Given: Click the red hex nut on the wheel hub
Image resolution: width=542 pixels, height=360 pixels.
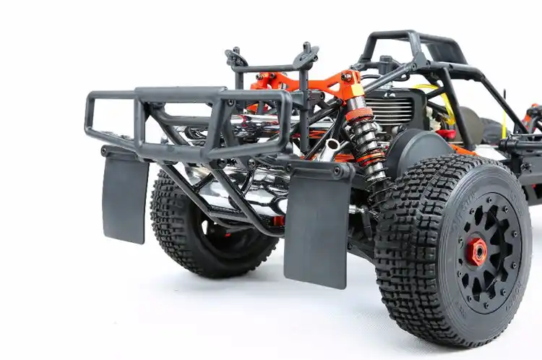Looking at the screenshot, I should click(476, 252).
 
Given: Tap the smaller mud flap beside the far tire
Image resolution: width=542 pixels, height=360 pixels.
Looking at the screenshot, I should click(125, 195).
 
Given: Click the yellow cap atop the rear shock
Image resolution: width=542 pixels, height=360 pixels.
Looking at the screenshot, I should click(356, 91).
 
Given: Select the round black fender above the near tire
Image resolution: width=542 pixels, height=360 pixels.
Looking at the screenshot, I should click(419, 148).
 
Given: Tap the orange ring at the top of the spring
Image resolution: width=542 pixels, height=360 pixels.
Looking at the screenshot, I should click(358, 114).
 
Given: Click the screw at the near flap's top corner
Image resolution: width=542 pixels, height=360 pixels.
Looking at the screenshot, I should click(338, 172).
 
